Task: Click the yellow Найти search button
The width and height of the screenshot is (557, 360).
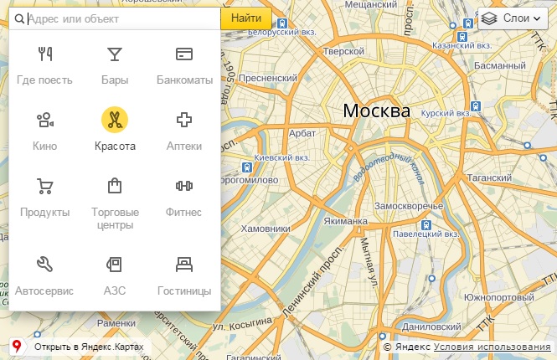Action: pos(246,18)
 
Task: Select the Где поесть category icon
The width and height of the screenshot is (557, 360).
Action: pos(44,54)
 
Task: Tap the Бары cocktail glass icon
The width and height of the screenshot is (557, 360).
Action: pos(114,54)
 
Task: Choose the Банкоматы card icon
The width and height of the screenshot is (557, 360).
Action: pos(184,54)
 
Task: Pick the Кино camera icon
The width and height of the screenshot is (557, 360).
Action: pos(44,120)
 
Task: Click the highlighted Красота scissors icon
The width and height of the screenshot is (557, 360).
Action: pos(114,120)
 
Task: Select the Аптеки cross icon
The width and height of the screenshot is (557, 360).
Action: pos(184,120)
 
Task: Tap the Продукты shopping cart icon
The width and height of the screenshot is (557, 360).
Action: pos(44,186)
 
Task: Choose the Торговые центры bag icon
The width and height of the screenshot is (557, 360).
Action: pos(114,186)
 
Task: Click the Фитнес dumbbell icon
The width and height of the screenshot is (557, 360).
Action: pos(184,186)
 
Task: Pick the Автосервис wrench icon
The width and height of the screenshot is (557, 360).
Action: pos(44,265)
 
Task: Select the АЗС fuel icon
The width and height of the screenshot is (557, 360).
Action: pos(114,265)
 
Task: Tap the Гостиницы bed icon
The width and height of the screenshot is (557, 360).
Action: pos(184,265)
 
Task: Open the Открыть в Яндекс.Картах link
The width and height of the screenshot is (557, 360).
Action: pos(89,347)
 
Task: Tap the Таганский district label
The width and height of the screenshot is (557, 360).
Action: pos(494,177)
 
